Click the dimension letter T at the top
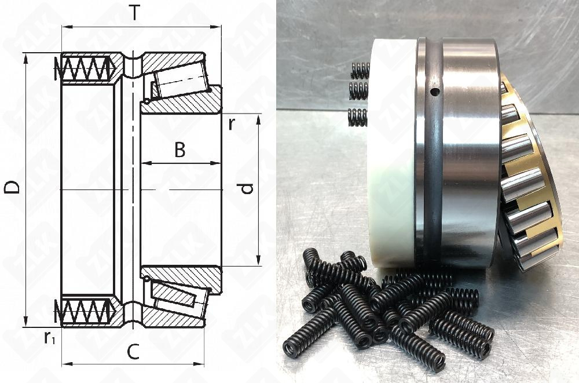click(135, 13)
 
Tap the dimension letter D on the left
click(12, 187)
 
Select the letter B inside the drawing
click(180, 150)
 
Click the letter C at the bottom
click(133, 352)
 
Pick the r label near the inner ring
click(232, 124)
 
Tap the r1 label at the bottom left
click(49, 338)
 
